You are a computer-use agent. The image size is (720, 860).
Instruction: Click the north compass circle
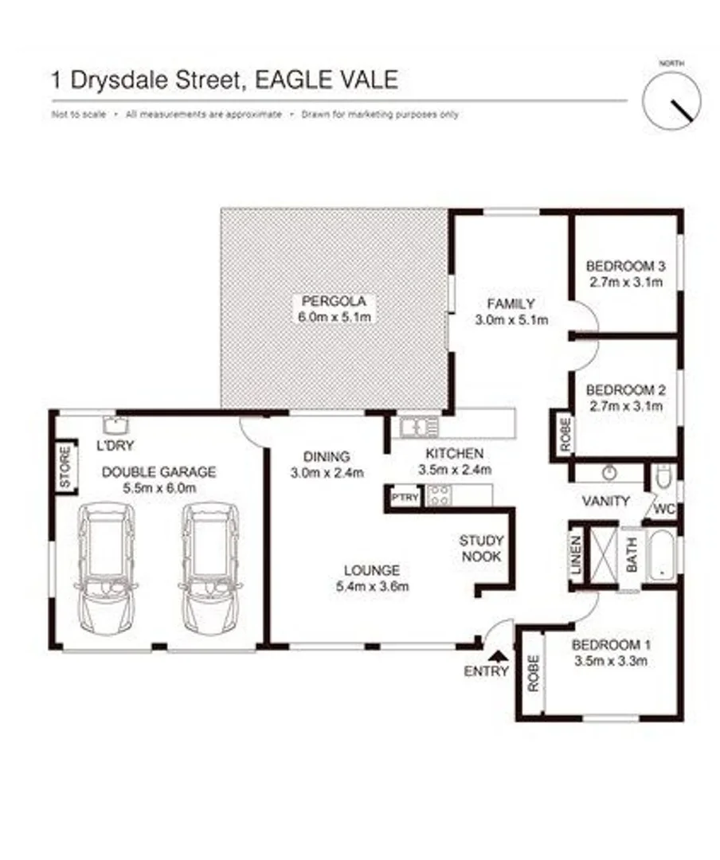click(672, 100)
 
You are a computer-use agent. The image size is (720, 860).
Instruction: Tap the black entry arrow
click(499, 655)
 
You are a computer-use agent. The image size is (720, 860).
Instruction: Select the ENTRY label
click(486, 671)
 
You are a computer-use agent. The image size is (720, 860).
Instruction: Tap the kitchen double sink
click(420, 427)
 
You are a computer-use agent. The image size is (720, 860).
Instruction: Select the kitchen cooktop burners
click(438, 496)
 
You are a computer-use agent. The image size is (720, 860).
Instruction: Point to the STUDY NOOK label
click(480, 548)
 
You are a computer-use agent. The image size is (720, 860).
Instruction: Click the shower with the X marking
click(604, 556)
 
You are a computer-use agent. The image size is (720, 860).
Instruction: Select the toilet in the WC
click(663, 479)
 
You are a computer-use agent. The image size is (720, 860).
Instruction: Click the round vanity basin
click(610, 473)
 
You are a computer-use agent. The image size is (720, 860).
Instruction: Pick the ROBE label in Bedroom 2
click(565, 435)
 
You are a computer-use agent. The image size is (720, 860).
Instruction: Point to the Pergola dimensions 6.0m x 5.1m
click(334, 317)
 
